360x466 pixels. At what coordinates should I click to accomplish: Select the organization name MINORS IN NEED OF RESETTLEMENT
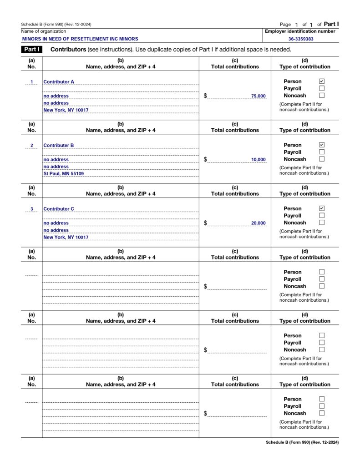tap(80, 39)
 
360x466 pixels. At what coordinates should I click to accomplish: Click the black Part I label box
tap(31, 49)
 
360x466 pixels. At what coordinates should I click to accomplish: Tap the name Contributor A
tap(59, 82)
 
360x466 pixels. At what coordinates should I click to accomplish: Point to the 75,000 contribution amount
tap(258, 96)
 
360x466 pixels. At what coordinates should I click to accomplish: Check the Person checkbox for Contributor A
tap(322, 81)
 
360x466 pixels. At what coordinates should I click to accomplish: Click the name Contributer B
tap(59, 146)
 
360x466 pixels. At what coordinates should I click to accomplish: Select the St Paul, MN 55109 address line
tap(63, 173)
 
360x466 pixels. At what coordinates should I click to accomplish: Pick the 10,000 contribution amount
tap(258, 160)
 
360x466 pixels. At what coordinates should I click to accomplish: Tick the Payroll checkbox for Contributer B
tap(322, 152)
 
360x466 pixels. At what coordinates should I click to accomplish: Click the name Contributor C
tap(59, 209)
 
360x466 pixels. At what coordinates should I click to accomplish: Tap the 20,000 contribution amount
tap(258, 223)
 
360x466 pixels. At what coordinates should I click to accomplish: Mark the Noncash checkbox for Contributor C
tap(322, 223)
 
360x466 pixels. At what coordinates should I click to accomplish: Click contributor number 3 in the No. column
tap(31, 209)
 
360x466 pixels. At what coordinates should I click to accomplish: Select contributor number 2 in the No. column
tap(31, 146)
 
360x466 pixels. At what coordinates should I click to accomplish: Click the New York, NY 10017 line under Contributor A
tap(66, 110)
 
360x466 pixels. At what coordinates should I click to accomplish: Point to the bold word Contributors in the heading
tap(68, 49)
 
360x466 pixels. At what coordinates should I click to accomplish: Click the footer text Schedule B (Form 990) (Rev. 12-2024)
tap(302, 442)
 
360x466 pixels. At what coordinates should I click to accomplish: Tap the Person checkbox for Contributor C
tap(322, 208)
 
